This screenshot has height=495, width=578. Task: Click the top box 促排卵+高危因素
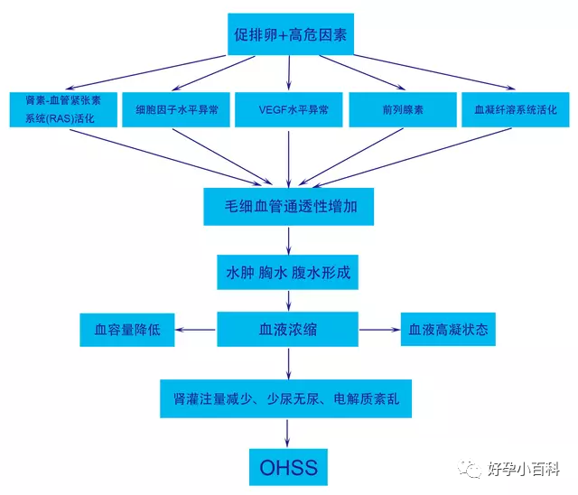288,36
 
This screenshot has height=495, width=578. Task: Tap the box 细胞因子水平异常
175,110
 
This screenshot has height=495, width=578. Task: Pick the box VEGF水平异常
288,110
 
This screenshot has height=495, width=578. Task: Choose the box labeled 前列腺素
398,110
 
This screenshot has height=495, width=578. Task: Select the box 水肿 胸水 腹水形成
288,271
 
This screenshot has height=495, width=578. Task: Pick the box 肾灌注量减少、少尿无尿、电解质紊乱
288,397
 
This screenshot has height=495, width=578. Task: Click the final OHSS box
288,469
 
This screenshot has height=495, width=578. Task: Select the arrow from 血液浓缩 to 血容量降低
195,330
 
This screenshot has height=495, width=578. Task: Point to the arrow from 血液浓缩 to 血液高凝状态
379,330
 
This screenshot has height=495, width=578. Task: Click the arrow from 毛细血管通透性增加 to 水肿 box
288,239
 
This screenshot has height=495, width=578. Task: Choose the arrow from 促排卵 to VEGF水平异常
288,72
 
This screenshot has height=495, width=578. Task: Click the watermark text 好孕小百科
524,469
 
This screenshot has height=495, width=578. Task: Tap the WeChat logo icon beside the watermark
471,468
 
